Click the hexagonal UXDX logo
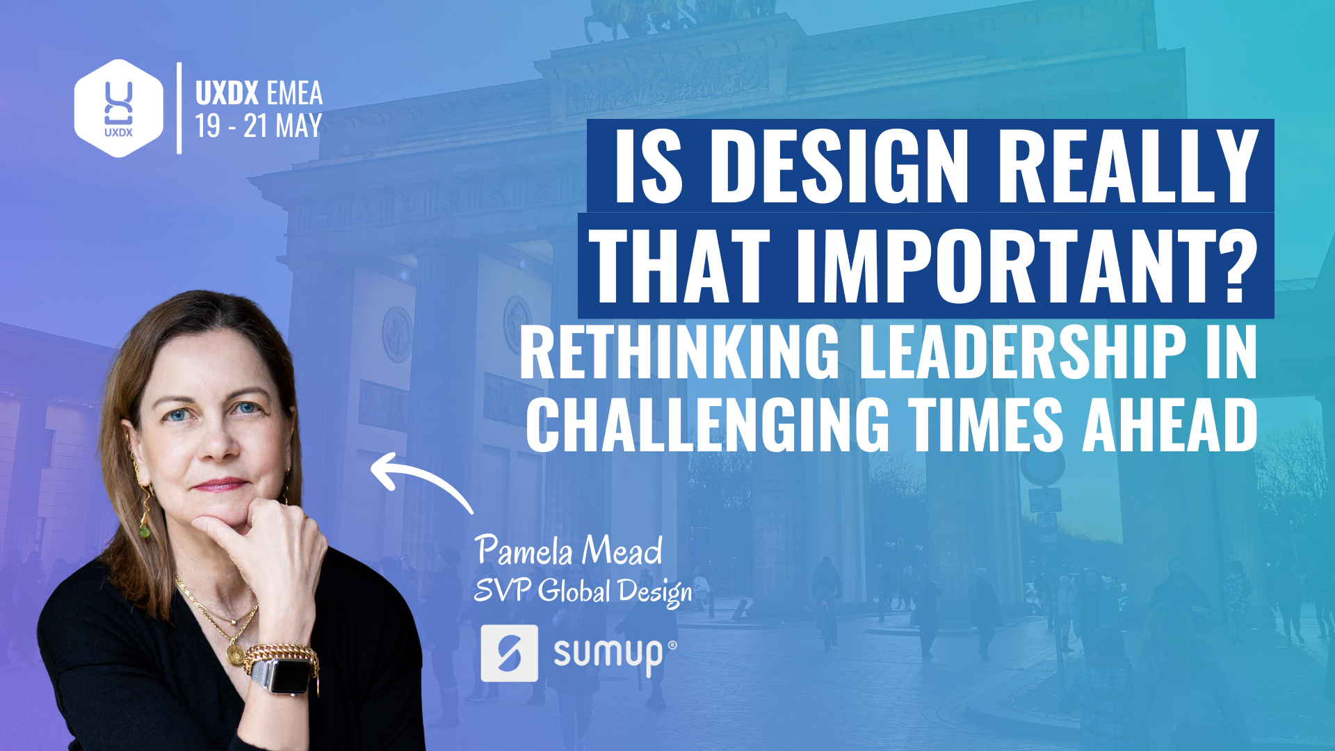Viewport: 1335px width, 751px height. tap(119, 108)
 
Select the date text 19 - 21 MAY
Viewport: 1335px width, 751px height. tap(258, 126)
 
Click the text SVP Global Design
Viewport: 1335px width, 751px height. tap(583, 592)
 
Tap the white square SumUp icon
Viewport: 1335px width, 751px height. tap(510, 653)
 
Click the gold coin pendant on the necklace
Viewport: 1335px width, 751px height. tap(235, 654)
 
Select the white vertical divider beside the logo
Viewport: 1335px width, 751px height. tap(179, 108)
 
